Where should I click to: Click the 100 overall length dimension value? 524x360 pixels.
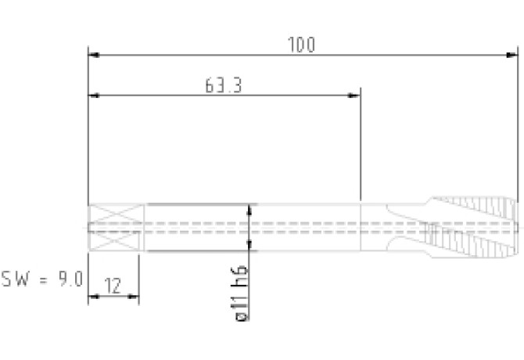[x=301, y=45]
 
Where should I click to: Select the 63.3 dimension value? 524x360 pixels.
[x=223, y=85]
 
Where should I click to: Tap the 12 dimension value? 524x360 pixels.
[x=113, y=286]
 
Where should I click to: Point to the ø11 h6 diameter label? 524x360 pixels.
[x=242, y=293]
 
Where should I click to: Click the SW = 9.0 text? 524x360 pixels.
[x=42, y=279]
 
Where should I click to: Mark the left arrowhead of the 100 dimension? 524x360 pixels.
[x=94, y=55]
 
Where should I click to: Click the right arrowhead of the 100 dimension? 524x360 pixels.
[x=512, y=55]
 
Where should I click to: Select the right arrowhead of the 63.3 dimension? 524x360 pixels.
[x=354, y=95]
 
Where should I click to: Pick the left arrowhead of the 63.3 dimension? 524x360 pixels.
[x=94, y=95]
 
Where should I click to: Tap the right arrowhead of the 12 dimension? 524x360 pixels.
[x=133, y=297]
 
